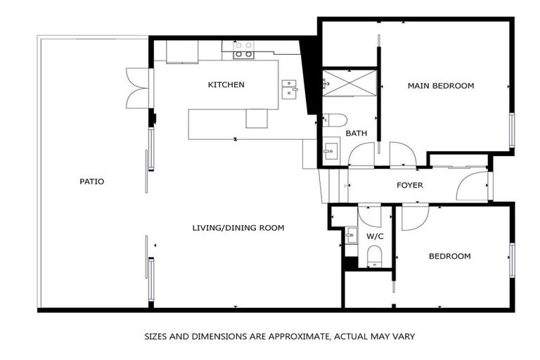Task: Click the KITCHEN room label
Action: tap(226, 85)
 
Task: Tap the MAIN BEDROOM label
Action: tap(441, 86)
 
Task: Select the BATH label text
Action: tap(356, 133)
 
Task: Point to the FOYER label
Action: tap(410, 186)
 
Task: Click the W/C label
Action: tap(374, 236)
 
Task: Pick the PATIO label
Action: tap(92, 181)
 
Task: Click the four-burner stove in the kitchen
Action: tap(243, 49)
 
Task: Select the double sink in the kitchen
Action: tap(289, 89)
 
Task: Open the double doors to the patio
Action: tap(139, 88)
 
